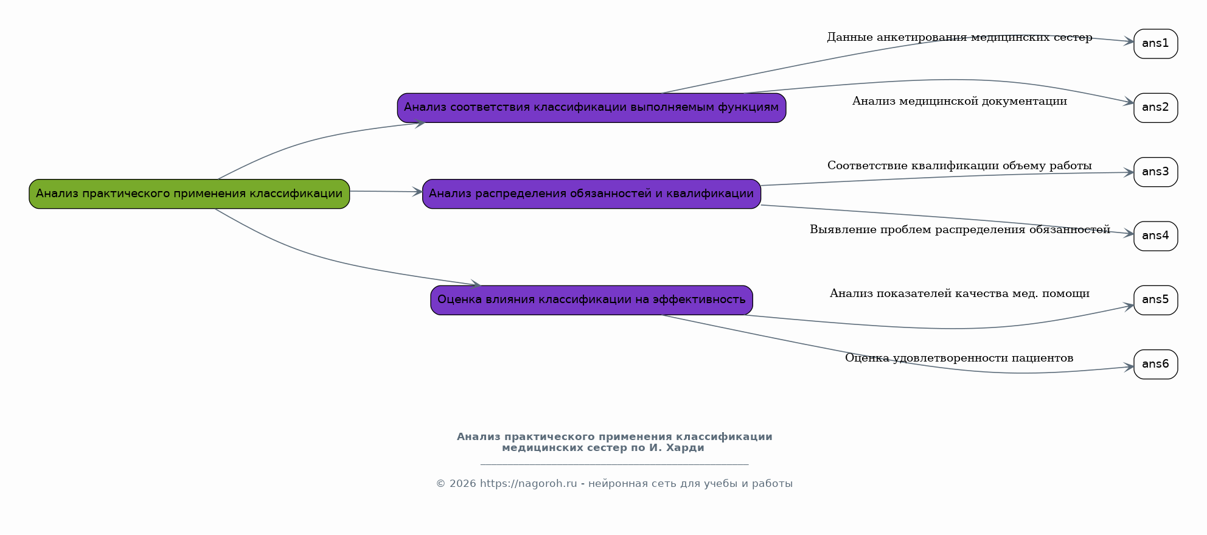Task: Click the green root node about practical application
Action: coord(189,194)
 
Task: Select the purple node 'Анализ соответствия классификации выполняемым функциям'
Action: coord(591,108)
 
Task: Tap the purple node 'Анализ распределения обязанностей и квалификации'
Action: coord(591,194)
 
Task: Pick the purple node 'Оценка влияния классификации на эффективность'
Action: coord(591,299)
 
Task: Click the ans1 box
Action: coord(1155,44)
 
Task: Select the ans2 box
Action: coord(1155,108)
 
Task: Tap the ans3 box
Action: coord(1155,172)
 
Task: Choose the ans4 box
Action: coord(1155,236)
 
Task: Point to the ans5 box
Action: coord(1155,300)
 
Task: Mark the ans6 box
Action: coord(1155,364)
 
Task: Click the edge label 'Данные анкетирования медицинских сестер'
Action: coord(959,38)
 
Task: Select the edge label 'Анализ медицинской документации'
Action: coord(959,102)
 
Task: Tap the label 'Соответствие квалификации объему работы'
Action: coord(959,166)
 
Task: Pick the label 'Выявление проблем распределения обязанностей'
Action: coord(959,230)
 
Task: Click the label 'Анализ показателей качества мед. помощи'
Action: coord(959,294)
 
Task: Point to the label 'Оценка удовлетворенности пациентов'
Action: coord(959,358)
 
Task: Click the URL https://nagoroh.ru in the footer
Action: coord(528,484)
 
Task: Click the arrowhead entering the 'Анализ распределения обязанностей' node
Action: coord(417,192)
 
